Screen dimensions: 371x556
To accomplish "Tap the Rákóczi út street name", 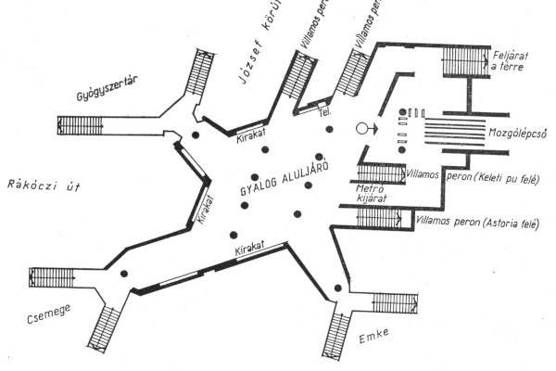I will (x=43, y=185).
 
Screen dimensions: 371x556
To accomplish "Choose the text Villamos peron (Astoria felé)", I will (x=477, y=222).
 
